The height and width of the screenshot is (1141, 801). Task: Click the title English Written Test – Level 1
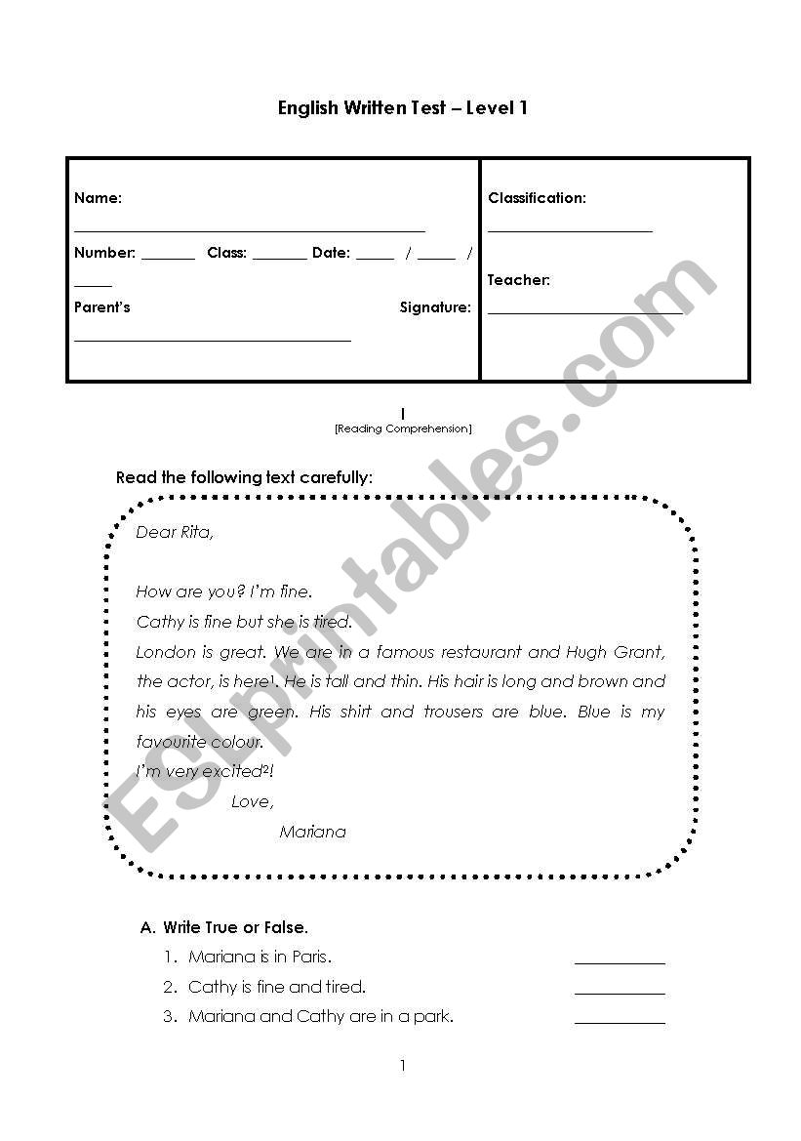[x=402, y=108]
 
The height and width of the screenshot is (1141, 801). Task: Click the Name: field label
[x=98, y=198]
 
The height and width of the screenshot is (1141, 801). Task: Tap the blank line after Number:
[x=168, y=259]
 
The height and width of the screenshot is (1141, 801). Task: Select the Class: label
[x=226, y=253]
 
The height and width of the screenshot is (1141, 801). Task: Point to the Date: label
[x=331, y=253]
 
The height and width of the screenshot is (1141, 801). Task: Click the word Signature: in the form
[x=435, y=307]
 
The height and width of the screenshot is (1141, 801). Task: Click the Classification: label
[x=537, y=198]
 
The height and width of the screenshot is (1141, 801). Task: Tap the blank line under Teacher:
[x=585, y=312]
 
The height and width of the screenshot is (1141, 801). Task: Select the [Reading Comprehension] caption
[x=402, y=428]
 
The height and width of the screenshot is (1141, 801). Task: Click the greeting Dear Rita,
[x=175, y=533]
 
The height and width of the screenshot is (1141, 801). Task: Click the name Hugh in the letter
[x=586, y=652]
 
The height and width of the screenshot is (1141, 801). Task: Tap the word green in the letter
[x=272, y=713]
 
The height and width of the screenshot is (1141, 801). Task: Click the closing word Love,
[x=253, y=802]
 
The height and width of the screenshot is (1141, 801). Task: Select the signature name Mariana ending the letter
[x=312, y=833]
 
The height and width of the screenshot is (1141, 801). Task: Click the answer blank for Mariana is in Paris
[x=620, y=962]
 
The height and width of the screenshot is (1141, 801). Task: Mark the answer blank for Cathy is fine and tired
[x=620, y=993]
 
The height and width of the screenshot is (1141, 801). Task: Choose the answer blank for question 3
[x=620, y=1022]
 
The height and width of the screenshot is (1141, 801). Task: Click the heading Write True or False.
[x=235, y=927]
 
